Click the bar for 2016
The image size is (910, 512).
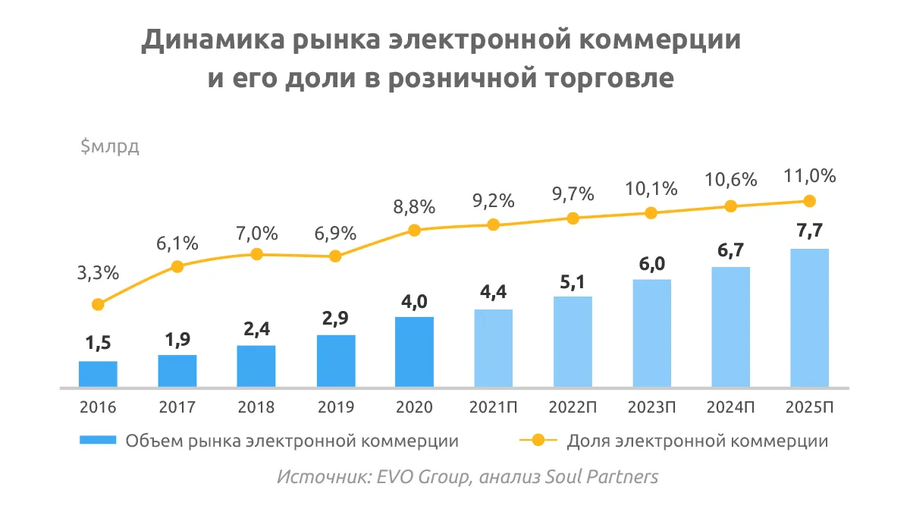[98, 375]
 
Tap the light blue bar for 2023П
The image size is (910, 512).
[651, 334]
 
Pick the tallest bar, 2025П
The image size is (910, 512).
[809, 319]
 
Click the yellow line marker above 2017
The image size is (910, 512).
[177, 266]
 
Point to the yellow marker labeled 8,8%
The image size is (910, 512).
[414, 230]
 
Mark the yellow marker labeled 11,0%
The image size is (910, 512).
[809, 201]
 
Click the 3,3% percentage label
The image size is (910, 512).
[98, 274]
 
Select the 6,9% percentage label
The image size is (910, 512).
[334, 234]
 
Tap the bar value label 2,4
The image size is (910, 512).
[256, 329]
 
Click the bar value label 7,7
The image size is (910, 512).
[809, 232]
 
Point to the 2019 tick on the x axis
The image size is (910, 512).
[334, 407]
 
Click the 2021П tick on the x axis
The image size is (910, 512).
[493, 407]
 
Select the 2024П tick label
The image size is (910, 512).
[730, 407]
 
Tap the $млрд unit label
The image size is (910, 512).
[110, 147]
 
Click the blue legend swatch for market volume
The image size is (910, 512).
[97, 440]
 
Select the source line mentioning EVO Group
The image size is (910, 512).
[467, 478]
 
